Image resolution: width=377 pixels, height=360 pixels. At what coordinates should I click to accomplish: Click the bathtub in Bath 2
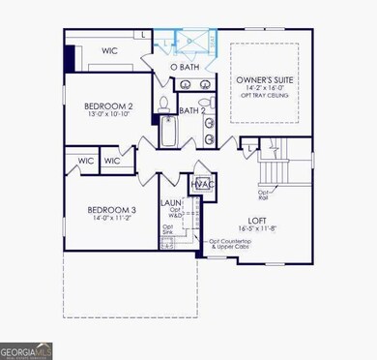click(x=168, y=131)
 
